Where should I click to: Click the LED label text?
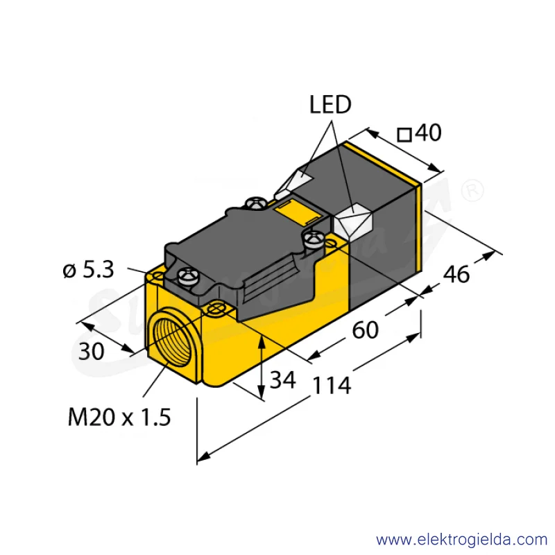click(x=330, y=105)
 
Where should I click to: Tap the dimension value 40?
click(x=428, y=133)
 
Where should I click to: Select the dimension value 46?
click(x=456, y=274)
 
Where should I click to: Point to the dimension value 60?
click(x=366, y=330)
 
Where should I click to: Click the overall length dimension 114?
click(x=332, y=385)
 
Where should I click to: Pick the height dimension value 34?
click(x=283, y=379)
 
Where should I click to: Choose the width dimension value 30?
click(x=91, y=352)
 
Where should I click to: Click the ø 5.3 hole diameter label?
click(x=88, y=270)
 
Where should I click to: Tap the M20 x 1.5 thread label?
click(x=119, y=417)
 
